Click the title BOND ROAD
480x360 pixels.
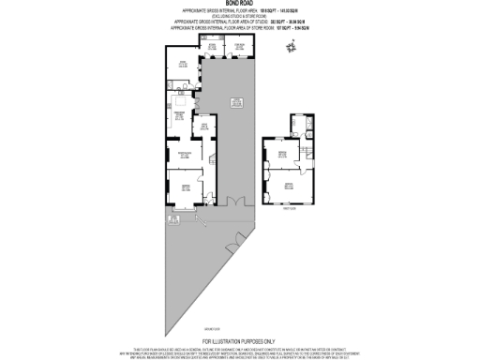(240, 5)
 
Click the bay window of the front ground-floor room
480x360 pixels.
(166, 192)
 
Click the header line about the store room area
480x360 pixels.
(240, 30)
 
